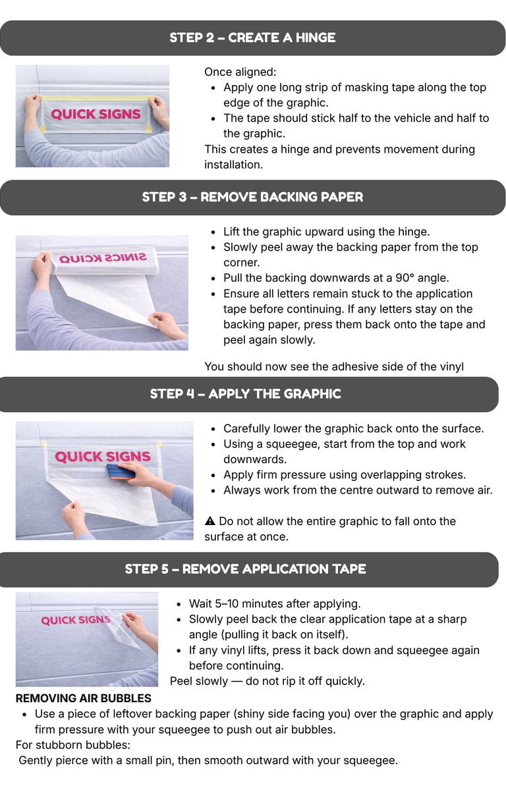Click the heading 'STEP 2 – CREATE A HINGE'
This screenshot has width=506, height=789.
(252, 38)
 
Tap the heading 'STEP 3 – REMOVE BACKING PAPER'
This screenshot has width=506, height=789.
(252, 197)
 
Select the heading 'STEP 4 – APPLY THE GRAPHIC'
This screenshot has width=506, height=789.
(246, 394)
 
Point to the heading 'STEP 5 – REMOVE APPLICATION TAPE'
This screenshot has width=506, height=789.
(246, 569)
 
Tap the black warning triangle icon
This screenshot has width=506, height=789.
(210, 521)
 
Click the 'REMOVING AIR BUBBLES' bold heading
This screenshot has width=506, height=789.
(84, 698)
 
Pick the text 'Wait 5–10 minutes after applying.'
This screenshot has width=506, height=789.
(275, 604)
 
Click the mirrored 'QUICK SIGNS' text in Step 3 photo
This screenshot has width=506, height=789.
(103, 258)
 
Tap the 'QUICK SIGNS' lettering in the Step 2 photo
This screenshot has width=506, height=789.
(96, 115)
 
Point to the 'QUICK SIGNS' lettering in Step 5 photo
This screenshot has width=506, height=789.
(76, 620)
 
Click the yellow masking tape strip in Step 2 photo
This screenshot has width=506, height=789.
(96, 98)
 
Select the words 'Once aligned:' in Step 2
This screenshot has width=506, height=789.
(240, 72)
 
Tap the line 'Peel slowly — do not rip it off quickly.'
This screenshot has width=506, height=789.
(267, 681)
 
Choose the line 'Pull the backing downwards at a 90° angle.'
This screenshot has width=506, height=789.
(336, 278)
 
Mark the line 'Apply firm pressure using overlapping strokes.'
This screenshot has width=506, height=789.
(345, 475)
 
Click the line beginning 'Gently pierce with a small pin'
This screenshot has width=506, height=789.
(208, 760)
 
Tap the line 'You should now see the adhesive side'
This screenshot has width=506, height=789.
(334, 367)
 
